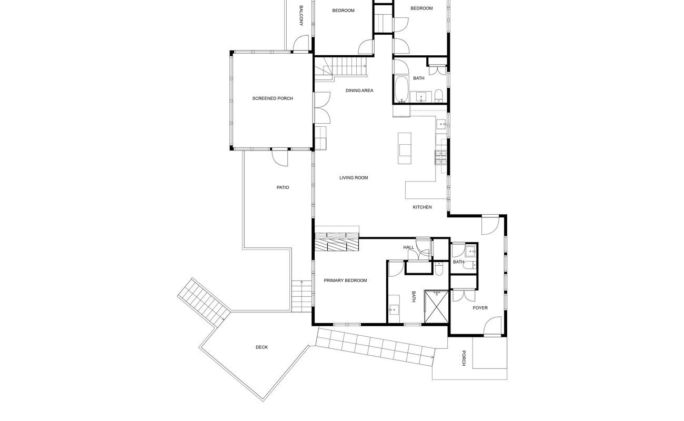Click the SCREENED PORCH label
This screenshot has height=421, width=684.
[272, 98]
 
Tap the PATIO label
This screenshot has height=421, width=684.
[283, 187]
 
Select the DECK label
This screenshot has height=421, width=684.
[261, 347]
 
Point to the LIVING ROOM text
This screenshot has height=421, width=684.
[354, 178]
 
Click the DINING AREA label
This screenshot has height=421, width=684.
[359, 91]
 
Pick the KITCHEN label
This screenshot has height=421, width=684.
[422, 207]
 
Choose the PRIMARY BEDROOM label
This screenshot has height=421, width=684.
[345, 280]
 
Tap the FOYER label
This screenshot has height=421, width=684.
[480, 308]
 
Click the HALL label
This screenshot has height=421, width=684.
[408, 247]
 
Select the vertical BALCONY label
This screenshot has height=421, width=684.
[301, 16]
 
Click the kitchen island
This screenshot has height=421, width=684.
[405, 147]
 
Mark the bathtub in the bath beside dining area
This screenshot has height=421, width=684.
[401, 90]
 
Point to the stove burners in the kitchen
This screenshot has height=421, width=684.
[440, 157]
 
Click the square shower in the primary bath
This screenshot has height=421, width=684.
[436, 306]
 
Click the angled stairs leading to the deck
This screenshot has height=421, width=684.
[203, 303]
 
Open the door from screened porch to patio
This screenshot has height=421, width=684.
[280, 156]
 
